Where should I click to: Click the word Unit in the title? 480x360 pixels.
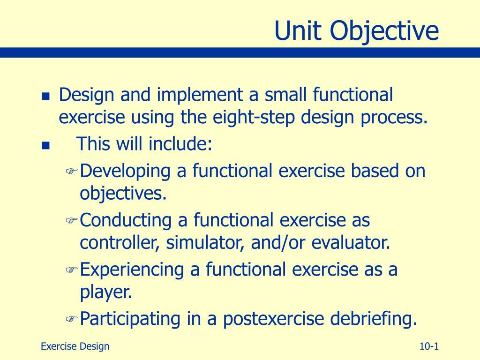pos(298,30)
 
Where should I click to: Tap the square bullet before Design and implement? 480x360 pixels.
pos(45,97)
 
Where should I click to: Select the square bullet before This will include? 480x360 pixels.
pos(45,145)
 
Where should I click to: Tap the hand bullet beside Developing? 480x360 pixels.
pos(72,171)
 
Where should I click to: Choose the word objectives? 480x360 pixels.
pos(123,194)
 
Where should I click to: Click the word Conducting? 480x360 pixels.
pos(126,220)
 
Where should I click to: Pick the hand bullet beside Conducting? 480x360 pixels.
pos(72,220)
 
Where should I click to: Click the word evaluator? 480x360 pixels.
pos(351,243)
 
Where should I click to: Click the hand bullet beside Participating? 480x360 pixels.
pos(72,319)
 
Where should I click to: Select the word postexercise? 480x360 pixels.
pos(273,319)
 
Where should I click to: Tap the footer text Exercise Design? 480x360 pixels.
pos(75,346)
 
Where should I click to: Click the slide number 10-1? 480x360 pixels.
pos(429,346)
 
